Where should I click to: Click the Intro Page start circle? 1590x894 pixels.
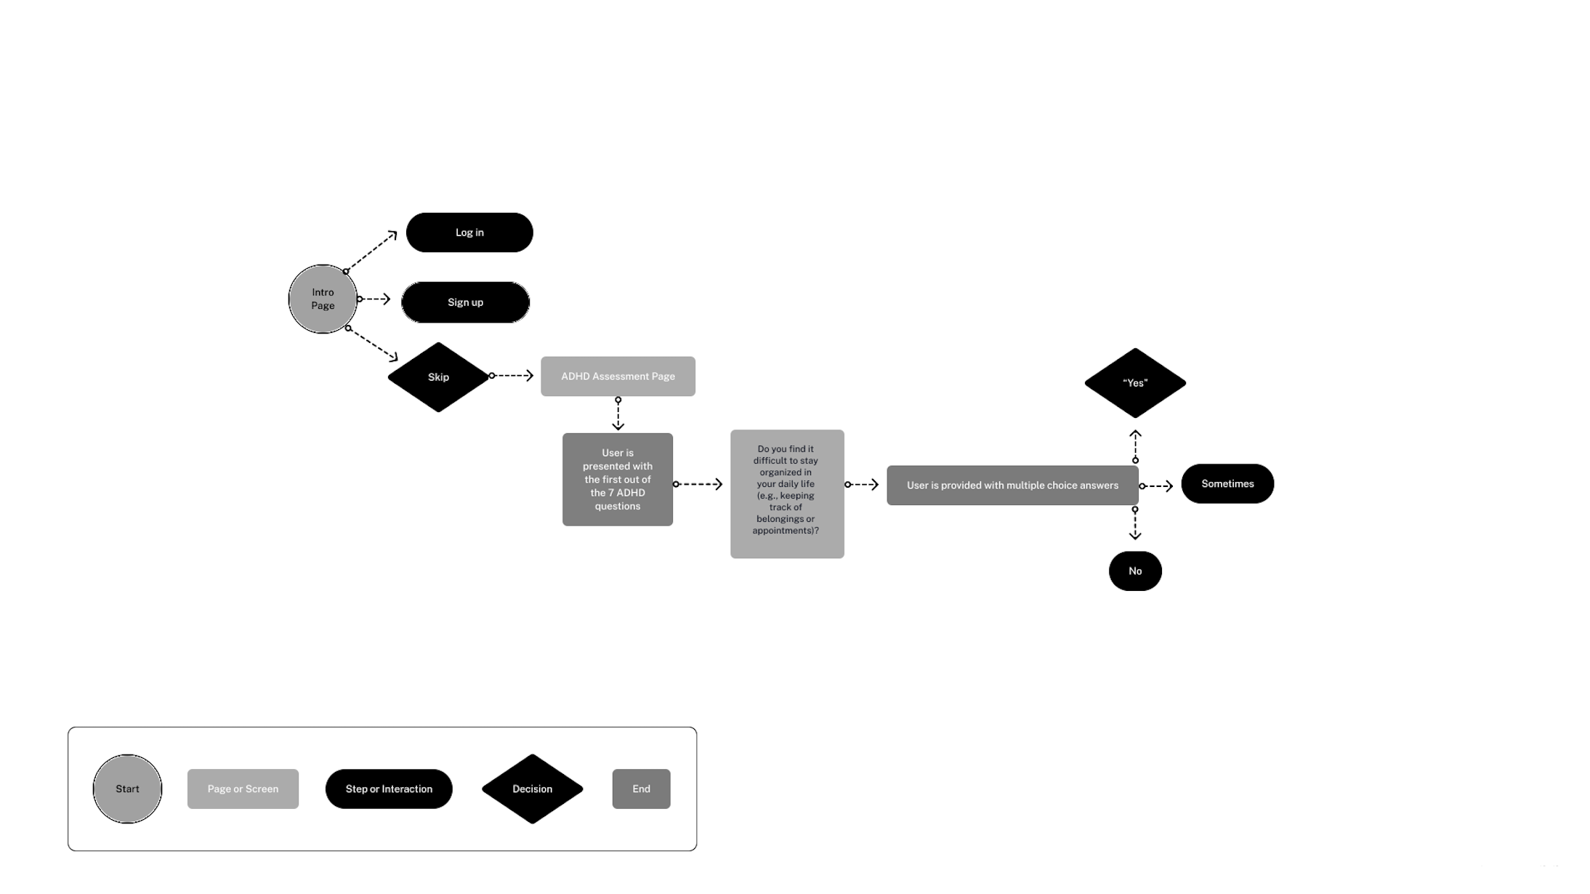point(323,299)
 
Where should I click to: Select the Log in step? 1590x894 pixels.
point(469,233)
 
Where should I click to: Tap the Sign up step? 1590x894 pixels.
point(465,302)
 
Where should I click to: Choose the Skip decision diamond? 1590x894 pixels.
point(438,377)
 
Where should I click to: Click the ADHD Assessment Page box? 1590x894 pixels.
point(618,376)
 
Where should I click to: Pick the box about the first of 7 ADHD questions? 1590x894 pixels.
point(618,480)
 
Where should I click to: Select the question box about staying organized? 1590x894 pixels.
point(787,494)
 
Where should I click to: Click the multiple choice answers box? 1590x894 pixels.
point(1012,486)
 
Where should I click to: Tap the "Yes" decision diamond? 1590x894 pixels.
point(1135,383)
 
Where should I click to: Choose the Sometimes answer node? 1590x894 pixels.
point(1227,484)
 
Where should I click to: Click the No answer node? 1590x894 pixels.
point(1135,571)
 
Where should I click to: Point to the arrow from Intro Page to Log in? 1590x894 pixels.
point(371,251)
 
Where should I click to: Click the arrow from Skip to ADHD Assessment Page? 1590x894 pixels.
point(512,376)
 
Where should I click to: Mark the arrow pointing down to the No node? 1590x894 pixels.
point(1135,524)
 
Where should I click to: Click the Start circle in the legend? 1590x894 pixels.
point(127,789)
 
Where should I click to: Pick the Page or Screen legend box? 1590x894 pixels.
point(243,789)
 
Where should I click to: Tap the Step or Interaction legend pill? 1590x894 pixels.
point(389,789)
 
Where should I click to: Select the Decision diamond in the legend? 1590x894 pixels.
point(532,789)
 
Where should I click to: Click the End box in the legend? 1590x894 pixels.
point(641,789)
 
